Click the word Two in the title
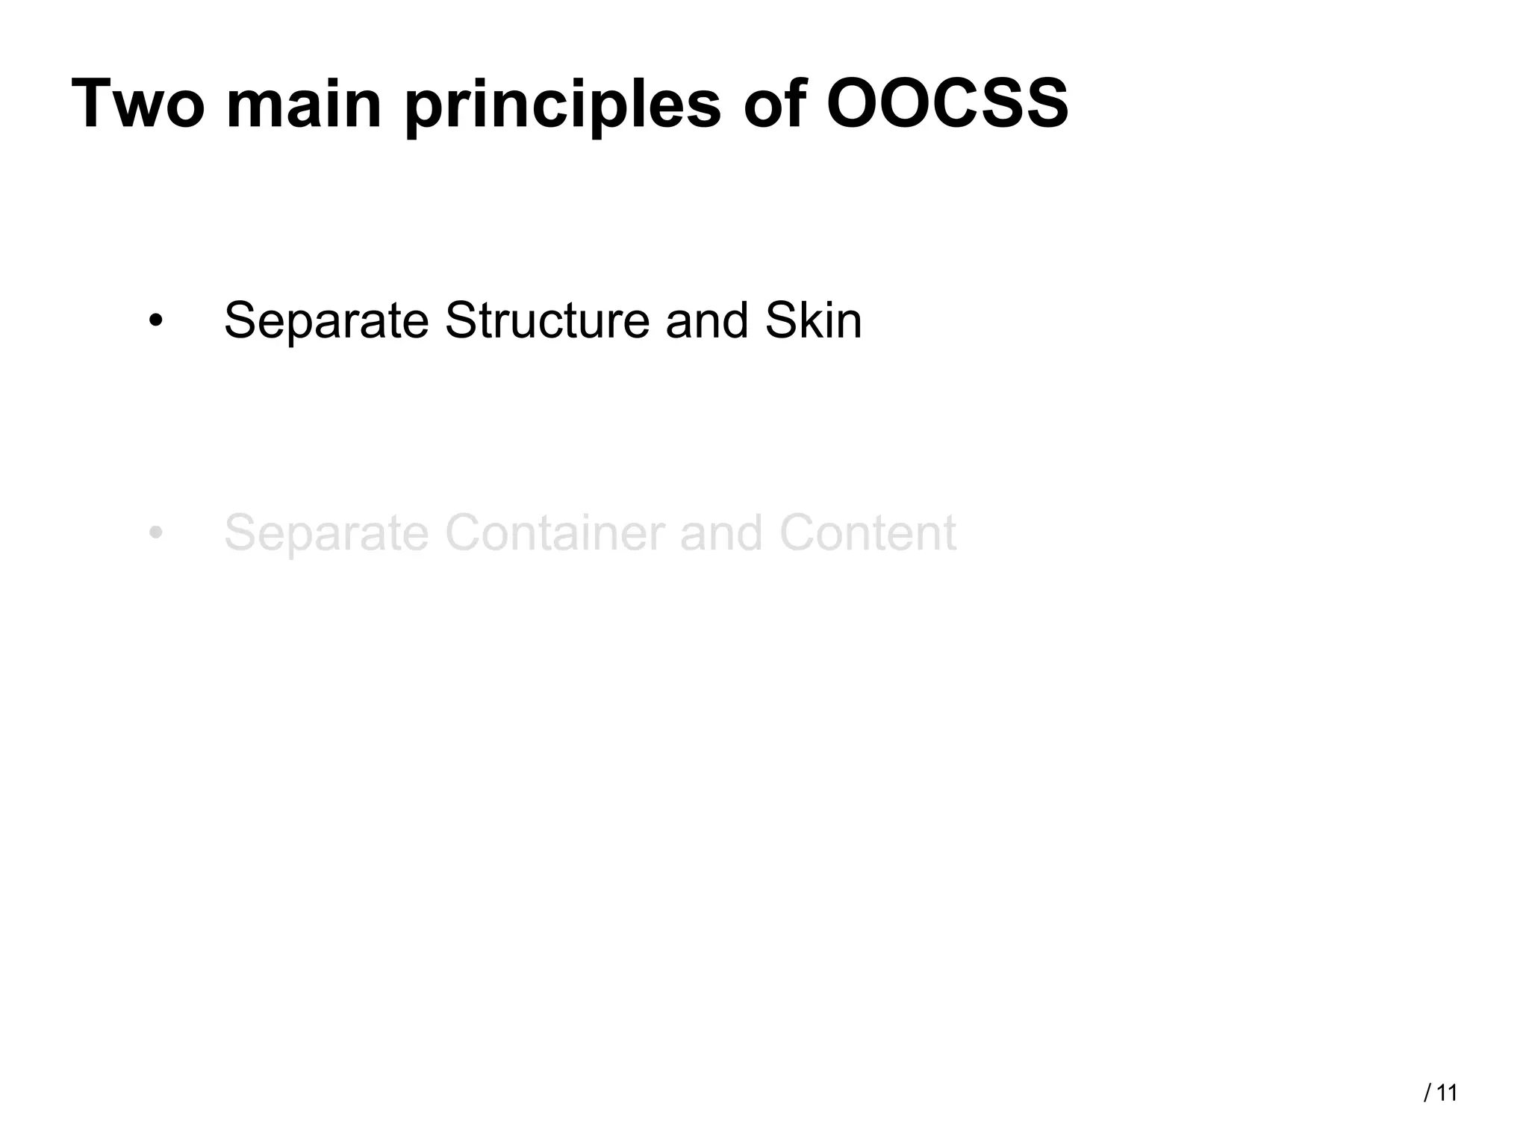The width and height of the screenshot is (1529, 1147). (138, 105)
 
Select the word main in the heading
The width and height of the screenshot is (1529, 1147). (304, 105)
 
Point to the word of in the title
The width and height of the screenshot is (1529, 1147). (774, 105)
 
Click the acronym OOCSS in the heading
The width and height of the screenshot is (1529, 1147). (947, 105)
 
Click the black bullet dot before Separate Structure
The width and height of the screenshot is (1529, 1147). (155, 322)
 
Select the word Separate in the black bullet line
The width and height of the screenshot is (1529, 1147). (326, 322)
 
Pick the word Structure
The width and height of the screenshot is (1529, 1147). (547, 320)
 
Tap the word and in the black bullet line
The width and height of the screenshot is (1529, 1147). (707, 320)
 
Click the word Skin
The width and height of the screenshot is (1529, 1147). (814, 320)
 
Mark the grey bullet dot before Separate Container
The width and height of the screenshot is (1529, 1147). (155, 534)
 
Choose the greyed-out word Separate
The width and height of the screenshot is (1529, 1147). (326, 534)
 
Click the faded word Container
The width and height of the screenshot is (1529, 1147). (555, 532)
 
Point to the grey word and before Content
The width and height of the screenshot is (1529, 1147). (721, 532)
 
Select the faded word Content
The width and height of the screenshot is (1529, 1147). (868, 532)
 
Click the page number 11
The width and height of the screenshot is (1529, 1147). (1447, 1093)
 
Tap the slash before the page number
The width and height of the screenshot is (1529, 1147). (1427, 1093)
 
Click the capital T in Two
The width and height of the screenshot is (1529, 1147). (91, 105)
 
